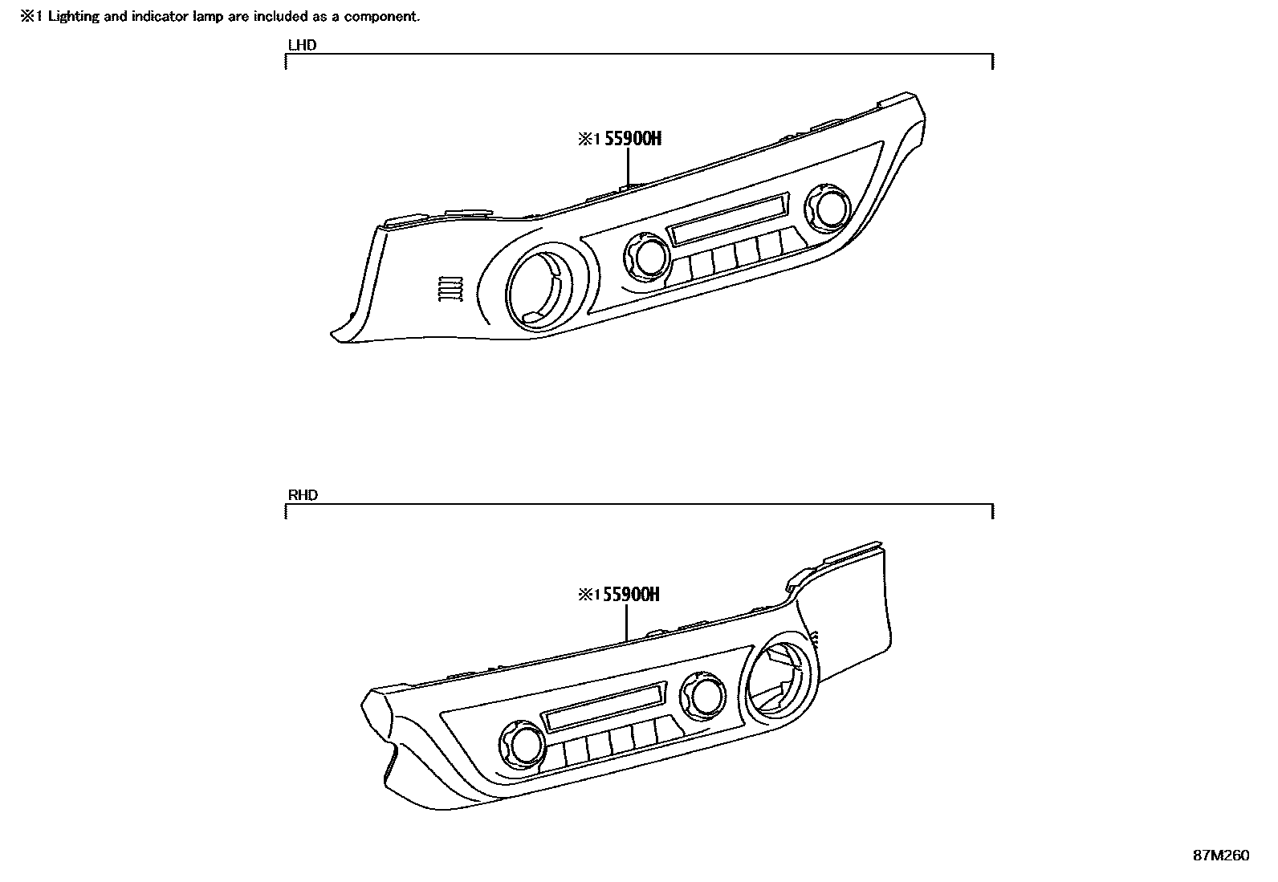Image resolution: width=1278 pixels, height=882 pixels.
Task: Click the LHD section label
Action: (302, 45)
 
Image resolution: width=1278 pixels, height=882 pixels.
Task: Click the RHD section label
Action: (303, 495)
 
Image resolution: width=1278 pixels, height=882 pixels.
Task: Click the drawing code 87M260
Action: (1220, 856)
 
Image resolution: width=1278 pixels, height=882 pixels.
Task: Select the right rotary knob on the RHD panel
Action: (703, 695)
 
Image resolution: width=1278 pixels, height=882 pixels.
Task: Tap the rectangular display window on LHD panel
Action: (727, 222)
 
